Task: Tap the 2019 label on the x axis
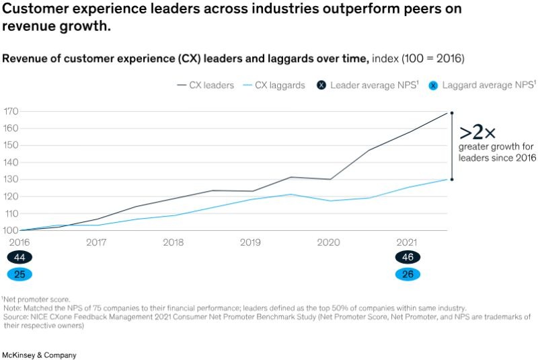coord(251,242)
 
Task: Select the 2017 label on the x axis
coord(96,242)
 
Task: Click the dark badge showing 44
coord(20,258)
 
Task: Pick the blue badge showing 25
coord(20,274)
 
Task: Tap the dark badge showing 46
coord(408,258)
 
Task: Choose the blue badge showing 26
coord(408,274)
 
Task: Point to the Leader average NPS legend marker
coord(321,85)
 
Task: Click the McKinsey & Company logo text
coord(39,355)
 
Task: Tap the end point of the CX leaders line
coord(452,113)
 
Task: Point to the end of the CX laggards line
coord(452,179)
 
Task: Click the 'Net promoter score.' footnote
coord(37,299)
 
